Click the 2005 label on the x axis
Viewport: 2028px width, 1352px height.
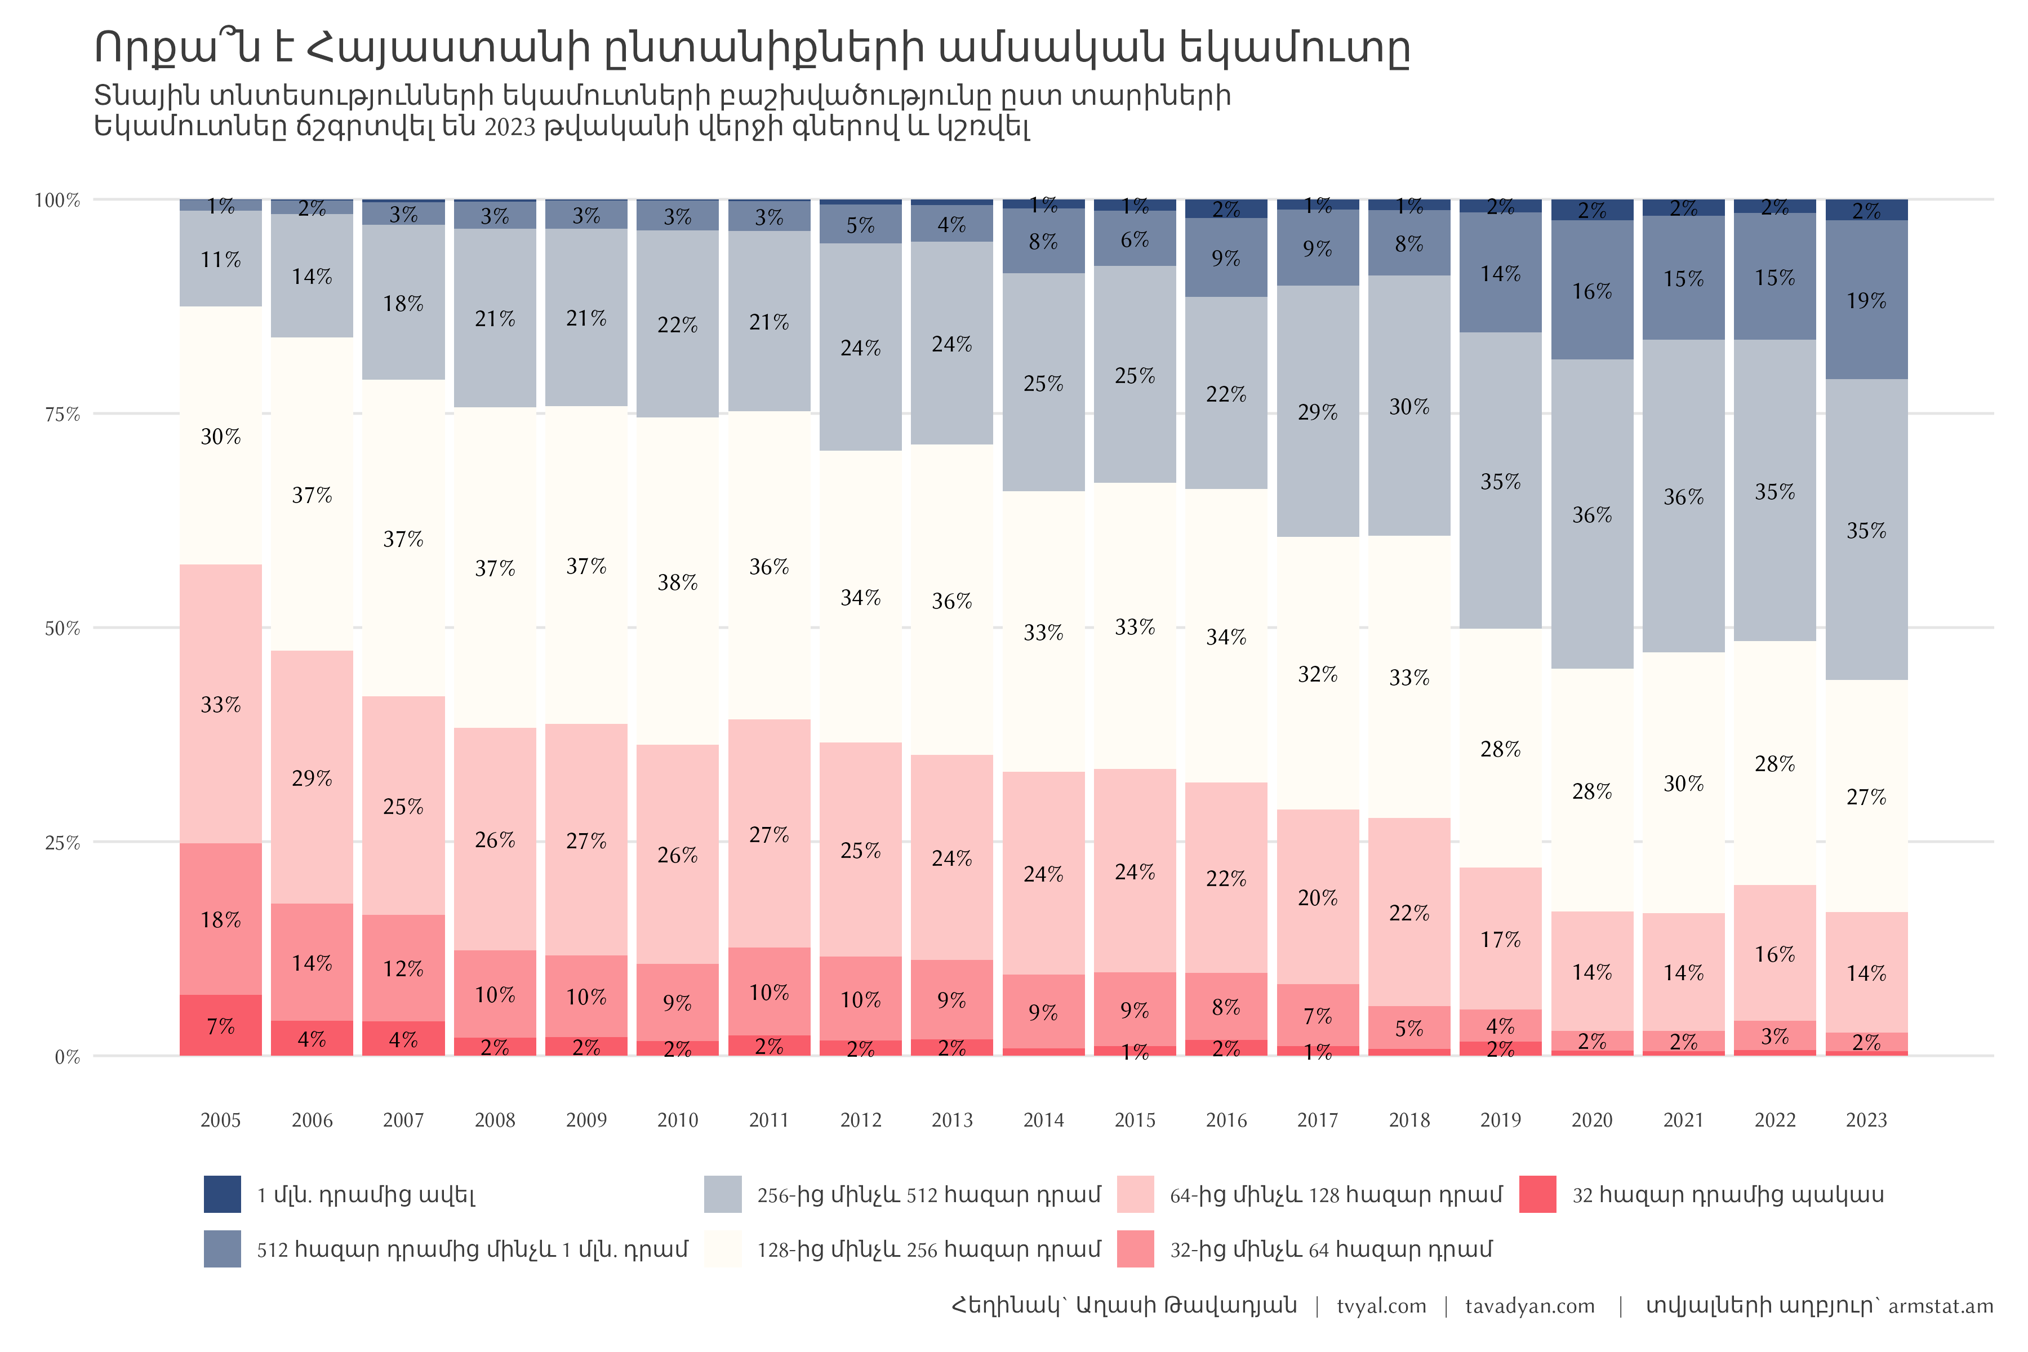pos(221,1120)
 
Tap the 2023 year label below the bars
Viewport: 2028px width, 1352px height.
pos(1866,1120)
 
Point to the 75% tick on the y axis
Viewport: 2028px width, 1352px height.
pos(62,415)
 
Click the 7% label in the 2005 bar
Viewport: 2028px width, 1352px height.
pos(221,1026)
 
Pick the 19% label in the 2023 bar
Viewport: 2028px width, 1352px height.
pos(1866,301)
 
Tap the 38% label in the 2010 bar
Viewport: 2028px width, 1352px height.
pos(678,583)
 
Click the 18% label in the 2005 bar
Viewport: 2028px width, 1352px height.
pos(221,920)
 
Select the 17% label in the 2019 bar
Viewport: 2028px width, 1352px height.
pos(1500,940)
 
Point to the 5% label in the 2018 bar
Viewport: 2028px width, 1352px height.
pos(1409,1029)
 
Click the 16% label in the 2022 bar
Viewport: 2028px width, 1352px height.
pos(1774,954)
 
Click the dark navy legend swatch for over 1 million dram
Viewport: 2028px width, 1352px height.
pos(223,1194)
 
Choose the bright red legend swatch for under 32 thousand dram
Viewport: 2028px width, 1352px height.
pos(1537,1194)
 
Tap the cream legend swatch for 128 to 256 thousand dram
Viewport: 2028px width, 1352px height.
pos(723,1248)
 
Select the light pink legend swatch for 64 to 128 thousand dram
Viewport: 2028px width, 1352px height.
pos(1135,1194)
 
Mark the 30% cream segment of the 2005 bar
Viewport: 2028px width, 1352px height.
pos(221,436)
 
